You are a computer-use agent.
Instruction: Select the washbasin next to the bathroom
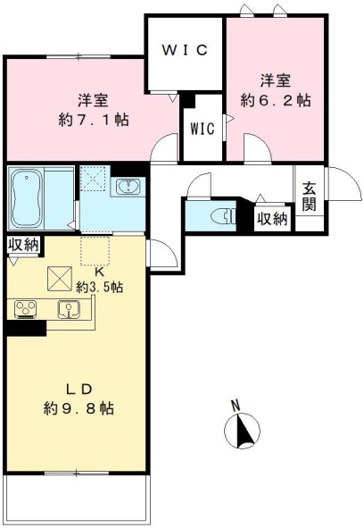tap(128, 187)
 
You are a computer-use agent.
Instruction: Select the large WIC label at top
tap(185, 50)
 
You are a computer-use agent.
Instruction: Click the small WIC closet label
tap(203, 128)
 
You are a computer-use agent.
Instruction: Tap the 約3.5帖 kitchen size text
tap(99, 287)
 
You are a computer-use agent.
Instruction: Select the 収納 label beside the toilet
tap(272, 218)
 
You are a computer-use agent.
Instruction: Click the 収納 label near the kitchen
tap(24, 244)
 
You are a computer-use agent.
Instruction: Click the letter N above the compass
tap(236, 405)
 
